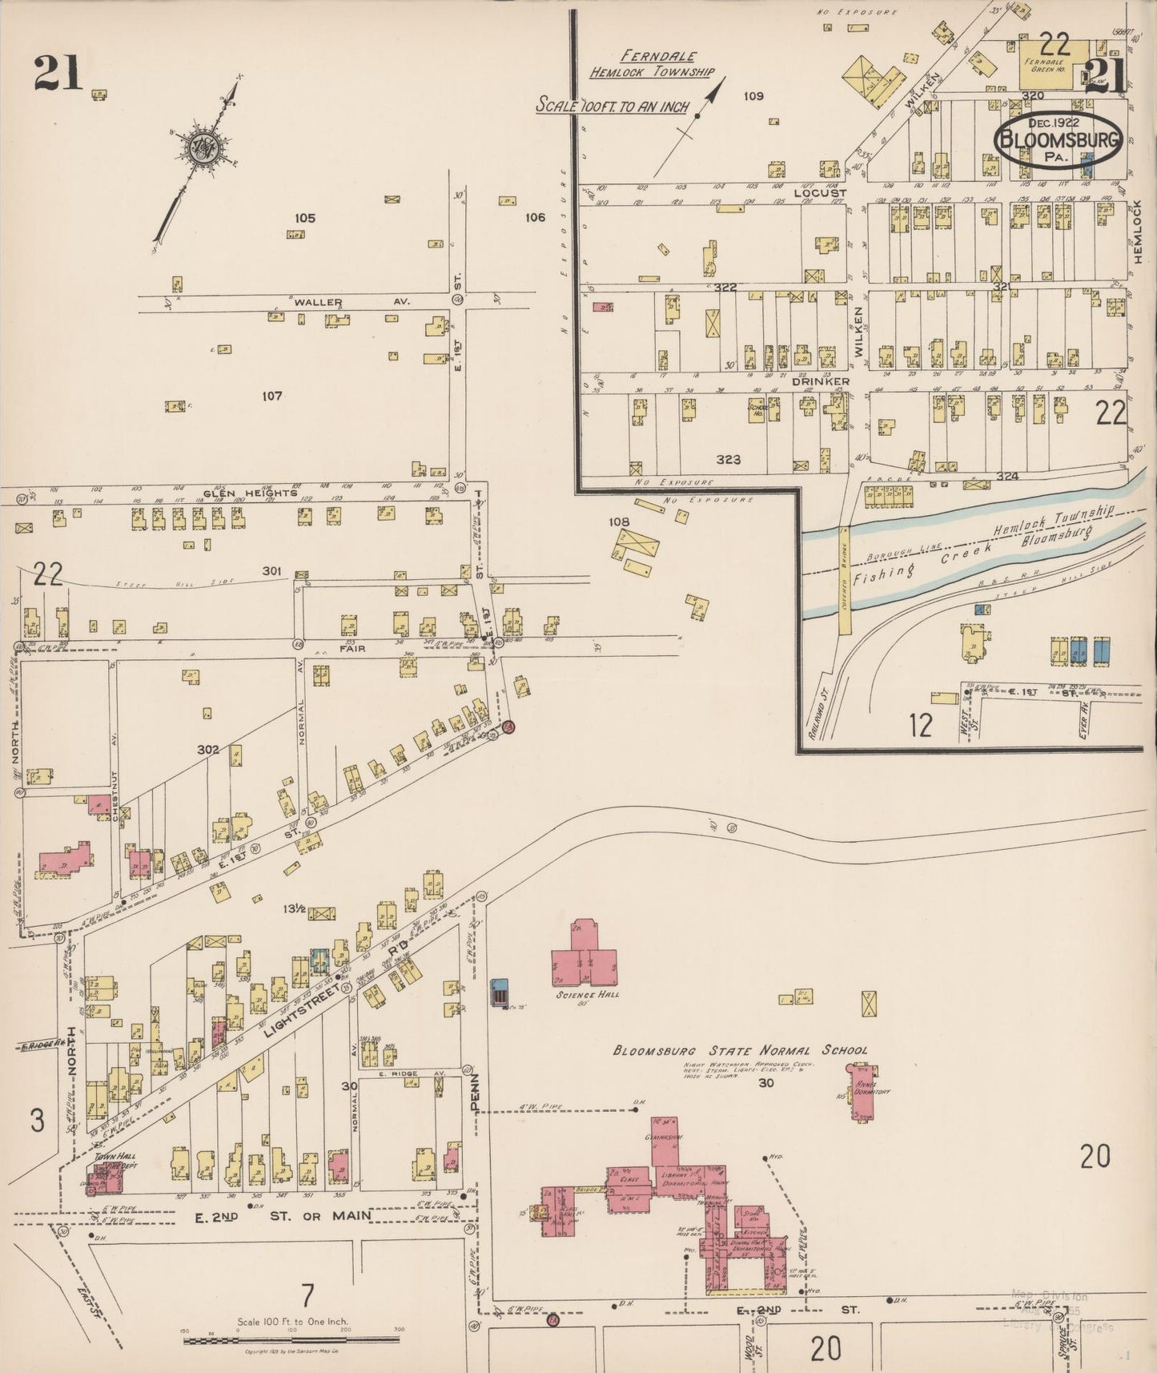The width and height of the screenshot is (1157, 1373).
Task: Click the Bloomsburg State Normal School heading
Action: click(740, 1050)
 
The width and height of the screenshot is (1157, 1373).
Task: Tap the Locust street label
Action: click(819, 193)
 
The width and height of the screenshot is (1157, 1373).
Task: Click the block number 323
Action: click(728, 460)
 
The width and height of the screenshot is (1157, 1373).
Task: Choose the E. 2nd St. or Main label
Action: click(283, 1215)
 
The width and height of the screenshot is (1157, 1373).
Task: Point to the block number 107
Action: click(272, 396)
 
